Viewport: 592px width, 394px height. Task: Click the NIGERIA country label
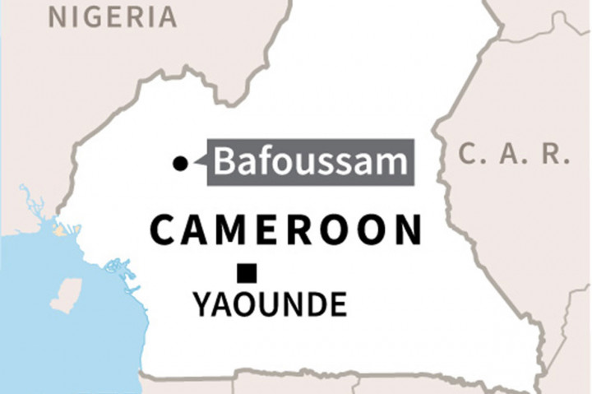113,16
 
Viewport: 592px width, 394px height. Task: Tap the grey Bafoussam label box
310,161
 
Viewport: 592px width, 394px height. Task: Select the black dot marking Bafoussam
180,165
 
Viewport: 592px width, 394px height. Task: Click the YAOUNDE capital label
270,305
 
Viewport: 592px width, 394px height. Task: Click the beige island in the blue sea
67,294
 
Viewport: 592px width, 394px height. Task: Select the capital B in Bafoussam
225,161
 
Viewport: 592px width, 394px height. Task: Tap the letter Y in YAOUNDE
203,305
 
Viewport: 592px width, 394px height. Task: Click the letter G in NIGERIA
90,16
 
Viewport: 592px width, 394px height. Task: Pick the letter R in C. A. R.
558,153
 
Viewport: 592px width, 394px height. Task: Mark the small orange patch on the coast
58,232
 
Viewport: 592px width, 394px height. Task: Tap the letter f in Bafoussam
262,161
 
